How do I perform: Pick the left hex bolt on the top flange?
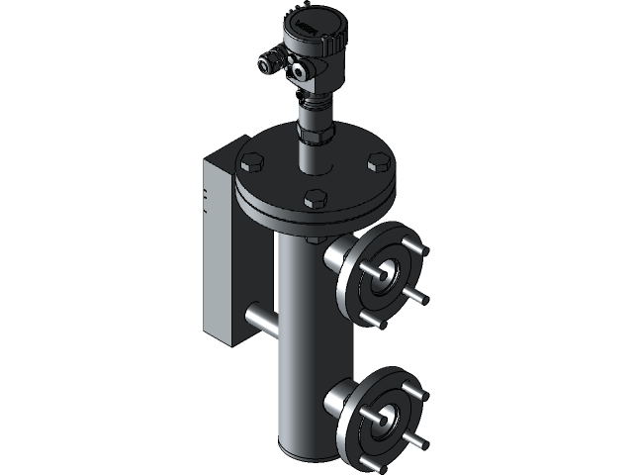point(250,162)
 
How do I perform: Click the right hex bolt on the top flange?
point(377,161)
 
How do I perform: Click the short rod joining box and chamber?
point(259,319)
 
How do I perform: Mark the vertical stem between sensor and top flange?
point(314,148)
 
